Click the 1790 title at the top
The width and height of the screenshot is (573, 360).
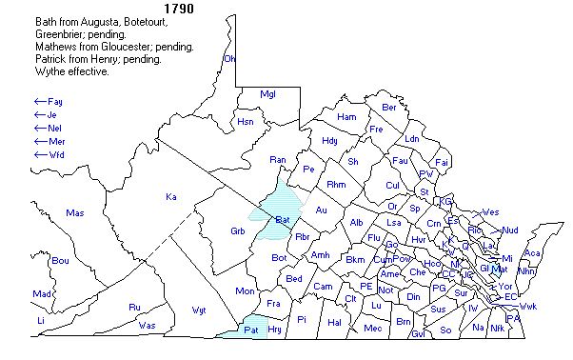point(180,9)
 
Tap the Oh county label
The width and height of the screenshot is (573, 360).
point(228,59)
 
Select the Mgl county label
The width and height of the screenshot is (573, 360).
point(268,94)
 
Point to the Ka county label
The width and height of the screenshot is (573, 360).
point(171,197)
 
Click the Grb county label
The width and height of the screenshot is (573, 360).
point(238,231)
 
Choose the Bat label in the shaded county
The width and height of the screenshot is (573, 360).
point(282,220)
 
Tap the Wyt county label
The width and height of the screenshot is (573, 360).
point(199,310)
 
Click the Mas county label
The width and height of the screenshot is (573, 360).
point(75,212)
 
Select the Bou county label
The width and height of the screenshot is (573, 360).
point(60,260)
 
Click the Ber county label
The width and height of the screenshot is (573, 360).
point(388,108)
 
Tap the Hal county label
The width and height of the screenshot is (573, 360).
point(334,322)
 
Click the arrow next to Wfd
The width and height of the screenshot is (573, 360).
point(40,153)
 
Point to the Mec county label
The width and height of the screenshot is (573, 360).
point(372,329)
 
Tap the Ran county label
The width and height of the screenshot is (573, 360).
point(278,159)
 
